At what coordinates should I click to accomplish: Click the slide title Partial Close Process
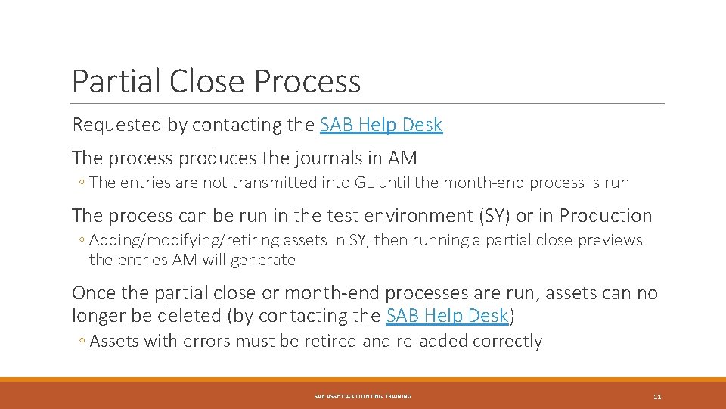[x=216, y=81]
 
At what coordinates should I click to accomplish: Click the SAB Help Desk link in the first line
[x=381, y=125]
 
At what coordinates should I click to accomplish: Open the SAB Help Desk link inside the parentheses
[x=447, y=316]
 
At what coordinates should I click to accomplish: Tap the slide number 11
[x=657, y=397]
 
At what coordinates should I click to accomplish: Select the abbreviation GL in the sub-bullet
[x=310, y=183]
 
